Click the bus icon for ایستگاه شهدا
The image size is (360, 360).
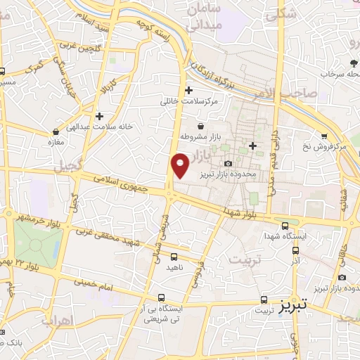click(x=284, y=226)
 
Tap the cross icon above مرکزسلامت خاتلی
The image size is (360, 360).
click(x=188, y=90)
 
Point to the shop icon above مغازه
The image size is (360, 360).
click(x=56, y=131)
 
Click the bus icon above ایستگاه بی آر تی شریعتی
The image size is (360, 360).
click(x=162, y=297)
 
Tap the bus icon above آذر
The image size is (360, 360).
click(x=296, y=250)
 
